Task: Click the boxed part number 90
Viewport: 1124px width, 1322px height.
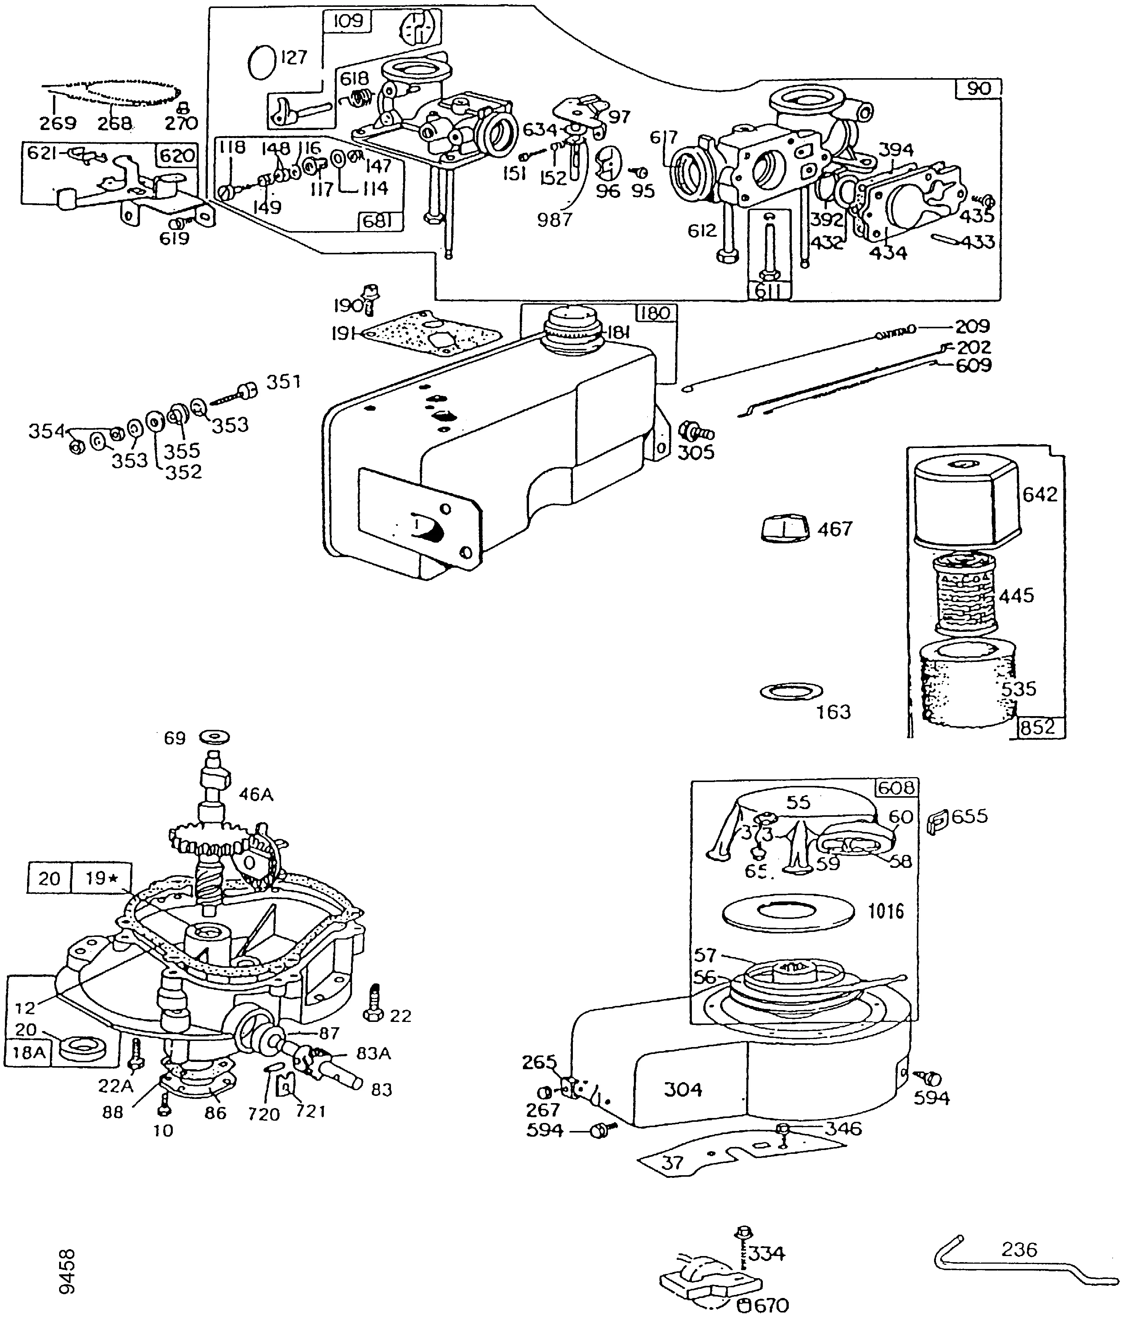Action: tap(979, 88)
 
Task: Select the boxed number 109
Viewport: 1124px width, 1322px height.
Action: tap(348, 21)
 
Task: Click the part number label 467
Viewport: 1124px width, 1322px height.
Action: tap(835, 529)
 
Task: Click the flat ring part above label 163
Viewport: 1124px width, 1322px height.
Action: tap(791, 691)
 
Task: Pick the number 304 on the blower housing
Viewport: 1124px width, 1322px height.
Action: tap(683, 1089)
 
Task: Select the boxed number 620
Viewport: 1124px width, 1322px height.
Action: tap(177, 156)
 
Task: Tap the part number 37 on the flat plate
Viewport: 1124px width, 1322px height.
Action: tap(673, 1163)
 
